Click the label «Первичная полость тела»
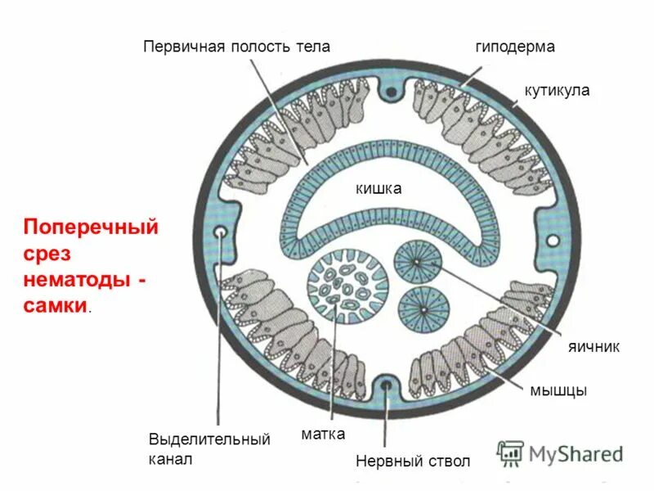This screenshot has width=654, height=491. pos(237,46)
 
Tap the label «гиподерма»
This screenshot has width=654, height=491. pos(515,47)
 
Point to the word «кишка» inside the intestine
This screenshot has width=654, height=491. pos(378,189)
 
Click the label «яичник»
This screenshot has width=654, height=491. pos(594,347)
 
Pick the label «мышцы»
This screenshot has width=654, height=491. pos(558,390)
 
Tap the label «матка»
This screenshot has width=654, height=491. pos(323,433)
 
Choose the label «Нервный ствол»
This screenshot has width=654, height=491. pos(413,462)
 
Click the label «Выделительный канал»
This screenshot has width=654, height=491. pos(209,449)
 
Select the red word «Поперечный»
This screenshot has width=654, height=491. pos(90,226)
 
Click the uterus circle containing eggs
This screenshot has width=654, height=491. pos(347,288)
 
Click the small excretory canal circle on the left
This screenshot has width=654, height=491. pos(221,234)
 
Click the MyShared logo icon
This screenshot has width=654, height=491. pos(511,453)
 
